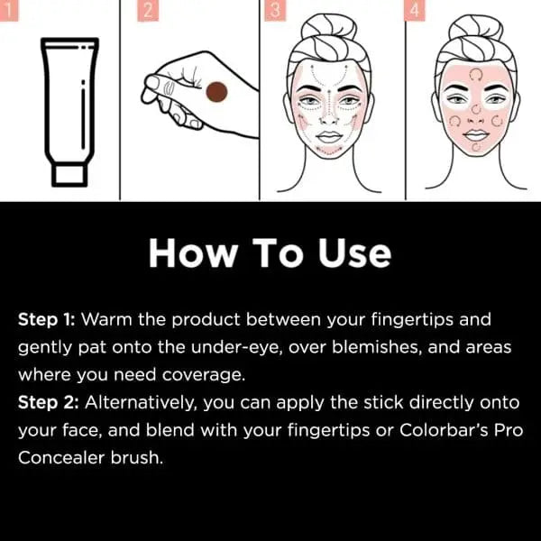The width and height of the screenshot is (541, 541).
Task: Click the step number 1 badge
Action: point(8,11)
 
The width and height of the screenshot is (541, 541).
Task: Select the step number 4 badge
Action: point(414,11)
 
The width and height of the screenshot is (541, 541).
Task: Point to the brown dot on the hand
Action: point(216,92)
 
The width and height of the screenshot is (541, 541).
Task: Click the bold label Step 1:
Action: point(48,320)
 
